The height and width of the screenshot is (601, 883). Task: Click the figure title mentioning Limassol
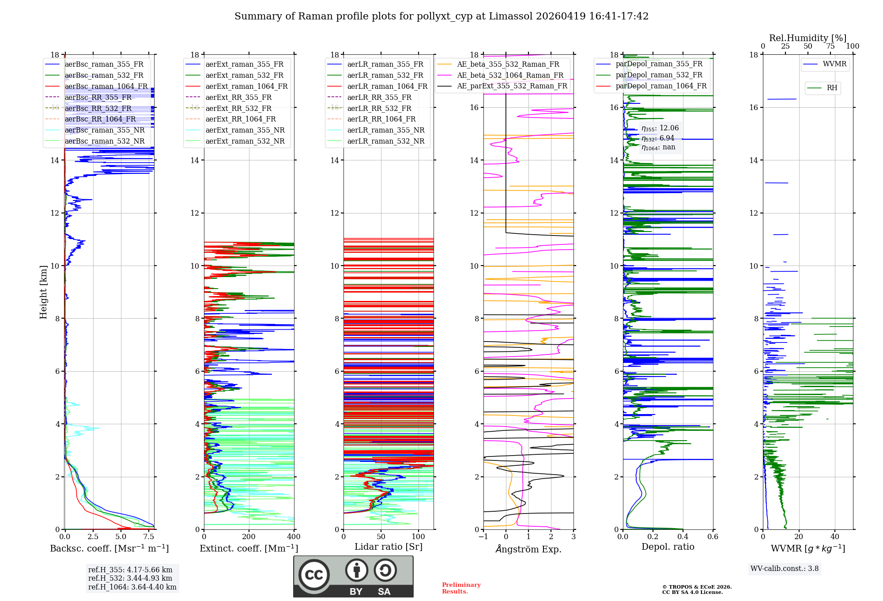tap(441, 16)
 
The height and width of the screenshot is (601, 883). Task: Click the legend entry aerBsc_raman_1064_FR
tap(106, 86)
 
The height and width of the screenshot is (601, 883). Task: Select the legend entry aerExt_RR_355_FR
tap(238, 97)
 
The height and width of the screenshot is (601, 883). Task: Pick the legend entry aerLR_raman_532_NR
tap(385, 141)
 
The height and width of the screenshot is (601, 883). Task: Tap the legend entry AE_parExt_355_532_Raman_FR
tap(512, 86)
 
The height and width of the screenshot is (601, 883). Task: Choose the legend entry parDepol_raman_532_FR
tap(659, 75)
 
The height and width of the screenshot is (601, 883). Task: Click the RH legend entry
tap(832, 88)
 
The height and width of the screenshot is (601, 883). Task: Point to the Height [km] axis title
tap(43, 292)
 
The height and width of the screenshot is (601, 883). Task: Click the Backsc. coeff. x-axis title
tap(109, 548)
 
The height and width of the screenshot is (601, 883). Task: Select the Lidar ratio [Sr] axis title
tap(388, 547)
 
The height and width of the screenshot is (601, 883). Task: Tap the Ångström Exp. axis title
tap(528, 549)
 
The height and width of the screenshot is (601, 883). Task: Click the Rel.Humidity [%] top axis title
tap(808, 38)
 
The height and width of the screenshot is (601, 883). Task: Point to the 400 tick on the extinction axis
tap(294, 537)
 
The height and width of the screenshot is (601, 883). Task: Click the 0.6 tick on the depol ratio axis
tap(713, 537)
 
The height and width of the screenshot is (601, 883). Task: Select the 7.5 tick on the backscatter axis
tap(149, 537)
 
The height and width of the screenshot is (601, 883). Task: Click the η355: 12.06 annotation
tap(660, 128)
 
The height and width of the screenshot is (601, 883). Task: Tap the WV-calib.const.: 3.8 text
tap(784, 569)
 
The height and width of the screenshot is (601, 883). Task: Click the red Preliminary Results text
tap(461, 588)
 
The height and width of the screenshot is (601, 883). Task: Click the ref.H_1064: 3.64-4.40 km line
tap(132, 587)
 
